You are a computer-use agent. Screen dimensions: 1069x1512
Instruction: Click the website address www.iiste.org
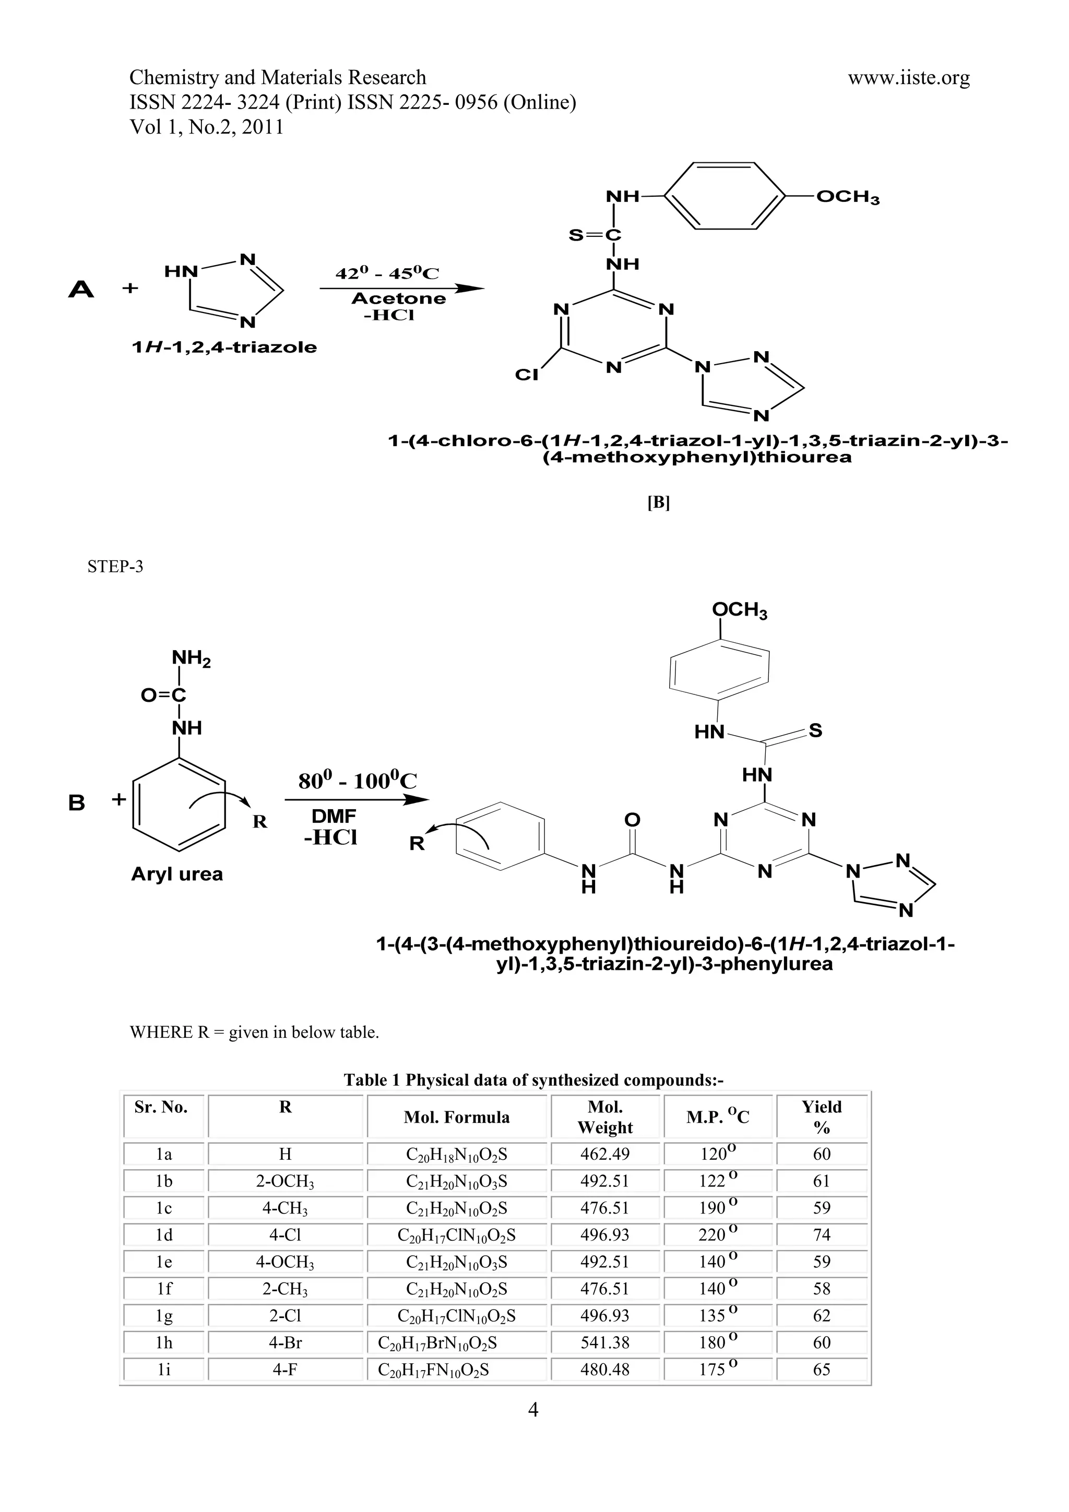pyautogui.click(x=908, y=78)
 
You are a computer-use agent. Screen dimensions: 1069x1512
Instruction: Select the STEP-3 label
pyautogui.click(x=115, y=566)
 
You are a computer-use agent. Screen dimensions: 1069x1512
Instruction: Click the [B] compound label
pyautogui.click(x=658, y=502)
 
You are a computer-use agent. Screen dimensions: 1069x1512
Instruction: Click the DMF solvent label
pyautogui.click(x=334, y=816)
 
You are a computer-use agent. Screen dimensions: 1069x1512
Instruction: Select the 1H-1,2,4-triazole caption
pyautogui.click(x=224, y=347)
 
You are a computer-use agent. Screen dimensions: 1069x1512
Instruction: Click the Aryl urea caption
pyautogui.click(x=176, y=874)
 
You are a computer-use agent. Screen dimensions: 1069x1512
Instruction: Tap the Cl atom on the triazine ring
pyautogui.click(x=526, y=375)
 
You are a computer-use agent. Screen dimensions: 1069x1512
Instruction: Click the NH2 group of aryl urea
pyautogui.click(x=191, y=658)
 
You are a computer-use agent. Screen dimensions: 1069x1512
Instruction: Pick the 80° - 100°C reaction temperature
pyautogui.click(x=357, y=781)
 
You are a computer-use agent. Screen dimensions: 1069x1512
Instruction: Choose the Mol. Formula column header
pyautogui.click(x=456, y=1117)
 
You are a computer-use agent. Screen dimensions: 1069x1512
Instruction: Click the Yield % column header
pyautogui.click(x=822, y=1117)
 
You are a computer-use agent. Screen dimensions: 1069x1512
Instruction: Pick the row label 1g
pyautogui.click(x=164, y=1315)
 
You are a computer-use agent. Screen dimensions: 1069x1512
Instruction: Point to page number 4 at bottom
pyautogui.click(x=533, y=1409)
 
